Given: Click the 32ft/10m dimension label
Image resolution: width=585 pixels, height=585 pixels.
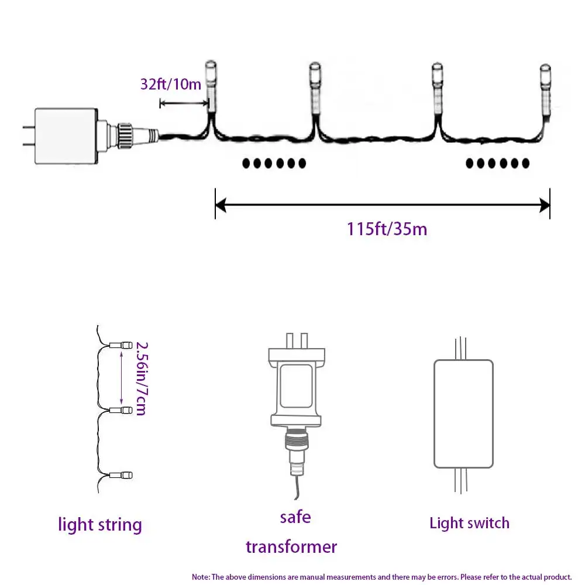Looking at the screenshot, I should pos(171,84).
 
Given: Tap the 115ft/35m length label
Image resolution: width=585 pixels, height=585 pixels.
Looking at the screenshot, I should pos(387,228).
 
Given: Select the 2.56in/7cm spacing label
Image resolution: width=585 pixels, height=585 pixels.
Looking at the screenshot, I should pos(140,378).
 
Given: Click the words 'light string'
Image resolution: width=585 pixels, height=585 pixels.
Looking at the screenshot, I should pos(100,524).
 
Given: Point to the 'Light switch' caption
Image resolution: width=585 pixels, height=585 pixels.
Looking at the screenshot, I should pos(469,522).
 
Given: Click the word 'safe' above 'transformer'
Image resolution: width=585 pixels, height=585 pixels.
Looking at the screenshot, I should pos(295,517).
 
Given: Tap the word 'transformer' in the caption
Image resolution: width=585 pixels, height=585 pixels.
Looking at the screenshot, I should pos(291,546).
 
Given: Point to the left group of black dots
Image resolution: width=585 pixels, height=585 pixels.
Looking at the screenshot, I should pos(274,163).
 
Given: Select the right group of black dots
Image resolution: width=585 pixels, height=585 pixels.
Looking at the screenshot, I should pos(497,163).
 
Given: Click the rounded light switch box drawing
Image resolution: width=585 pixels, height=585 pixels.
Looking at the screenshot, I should pos(463,413).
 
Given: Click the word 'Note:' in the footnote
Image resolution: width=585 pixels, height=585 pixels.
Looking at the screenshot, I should pos(201,577).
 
